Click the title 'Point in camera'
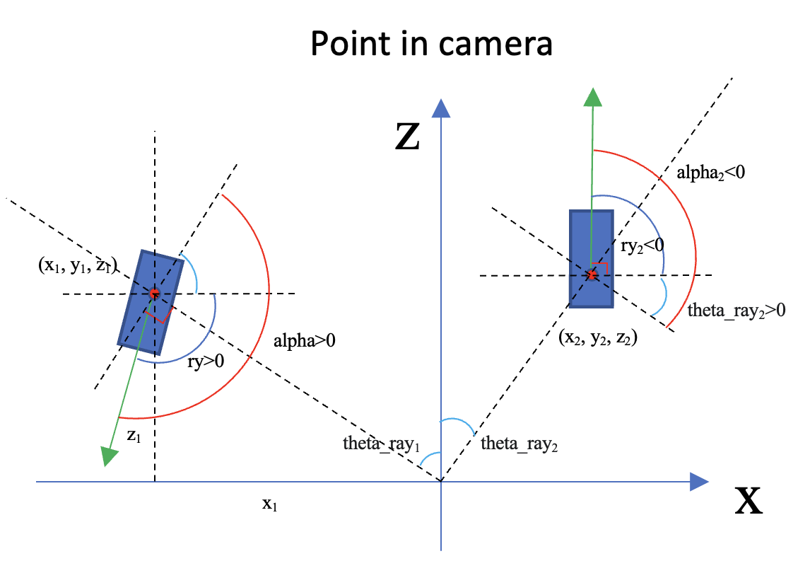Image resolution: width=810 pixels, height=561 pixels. click(x=430, y=44)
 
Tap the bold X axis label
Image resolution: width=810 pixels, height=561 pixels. click(x=749, y=501)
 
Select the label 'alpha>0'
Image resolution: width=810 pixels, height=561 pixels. click(x=305, y=340)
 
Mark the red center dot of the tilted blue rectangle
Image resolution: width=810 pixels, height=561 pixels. click(x=154, y=292)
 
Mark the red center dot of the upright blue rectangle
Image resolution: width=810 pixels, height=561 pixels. click(x=592, y=274)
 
